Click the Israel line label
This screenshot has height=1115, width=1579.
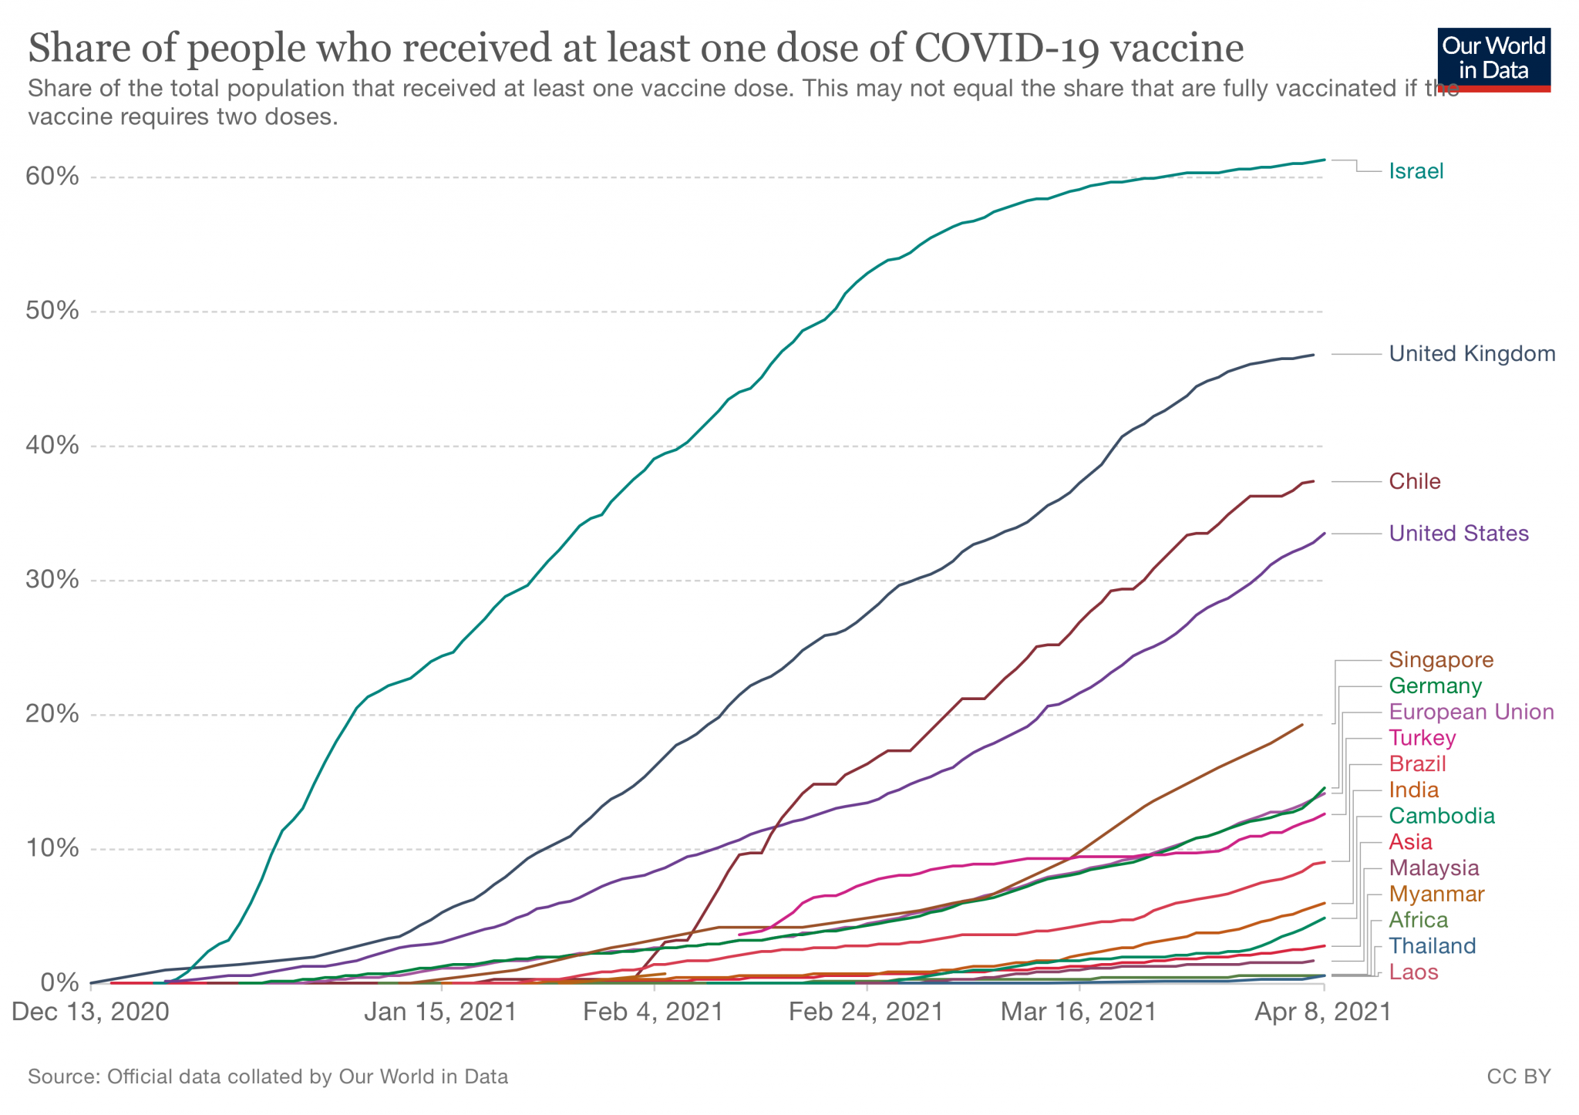1416,171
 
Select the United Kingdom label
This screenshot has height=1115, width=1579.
1472,354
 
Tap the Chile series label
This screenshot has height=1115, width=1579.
1414,482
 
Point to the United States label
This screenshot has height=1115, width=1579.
1459,534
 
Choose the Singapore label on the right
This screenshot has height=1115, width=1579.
1441,660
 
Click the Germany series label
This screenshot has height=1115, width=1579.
1435,686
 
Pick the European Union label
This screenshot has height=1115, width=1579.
1471,712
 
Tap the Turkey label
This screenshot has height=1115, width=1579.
1422,738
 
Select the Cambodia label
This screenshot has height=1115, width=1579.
1442,816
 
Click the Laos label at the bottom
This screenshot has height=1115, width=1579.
1413,972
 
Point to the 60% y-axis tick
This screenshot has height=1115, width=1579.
52,177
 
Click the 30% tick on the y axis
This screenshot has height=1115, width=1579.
52,581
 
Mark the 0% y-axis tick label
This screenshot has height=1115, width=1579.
59,983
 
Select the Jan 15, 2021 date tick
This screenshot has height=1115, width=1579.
440,1012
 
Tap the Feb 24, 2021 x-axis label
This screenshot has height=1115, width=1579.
866,1012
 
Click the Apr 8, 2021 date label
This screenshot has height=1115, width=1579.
1321,1012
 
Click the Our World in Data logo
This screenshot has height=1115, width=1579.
1493,59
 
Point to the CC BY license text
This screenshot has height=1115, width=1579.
1518,1076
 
